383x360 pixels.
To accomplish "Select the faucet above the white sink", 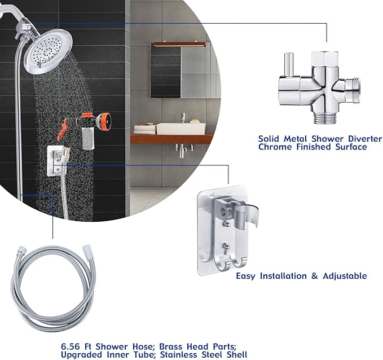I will [183, 117].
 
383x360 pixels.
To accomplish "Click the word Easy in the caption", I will [247, 276].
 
